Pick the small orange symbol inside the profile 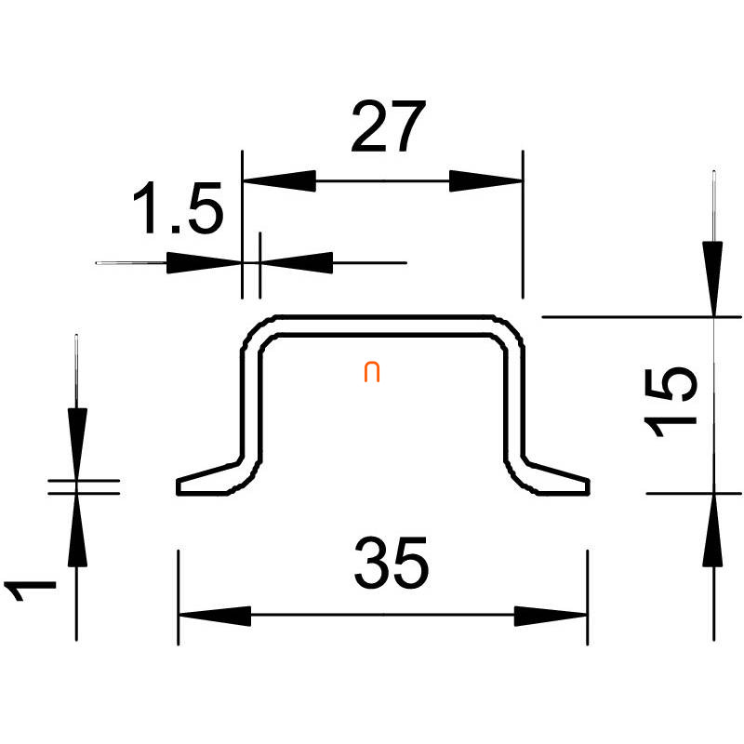[371, 373]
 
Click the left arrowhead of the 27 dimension [278, 180]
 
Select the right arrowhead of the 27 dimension [485, 180]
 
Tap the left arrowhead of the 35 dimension [214, 616]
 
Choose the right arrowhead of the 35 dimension [551, 616]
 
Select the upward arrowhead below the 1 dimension [78, 530]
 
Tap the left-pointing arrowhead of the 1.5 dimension [298, 262]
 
